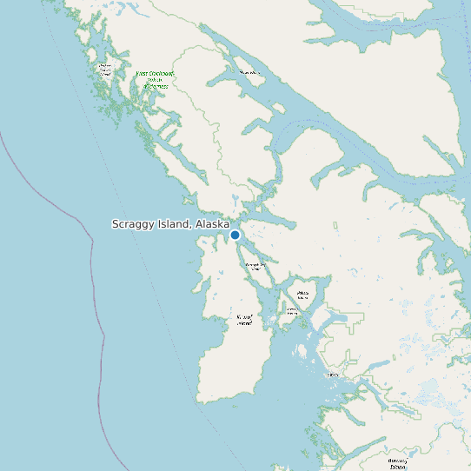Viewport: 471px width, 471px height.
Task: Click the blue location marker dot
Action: click(x=235, y=235)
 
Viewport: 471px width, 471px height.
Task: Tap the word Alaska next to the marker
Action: click(x=212, y=224)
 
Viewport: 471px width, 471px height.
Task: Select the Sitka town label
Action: click(x=332, y=375)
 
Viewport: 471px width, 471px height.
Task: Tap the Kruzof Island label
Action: click(x=244, y=320)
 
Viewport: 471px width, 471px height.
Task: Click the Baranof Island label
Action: click(x=398, y=462)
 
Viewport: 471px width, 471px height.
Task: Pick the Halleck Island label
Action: click(x=302, y=295)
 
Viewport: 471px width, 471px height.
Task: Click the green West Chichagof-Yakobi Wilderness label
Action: click(x=156, y=80)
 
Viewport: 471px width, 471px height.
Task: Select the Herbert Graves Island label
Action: click(x=106, y=70)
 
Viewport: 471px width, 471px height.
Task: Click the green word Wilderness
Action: click(x=156, y=87)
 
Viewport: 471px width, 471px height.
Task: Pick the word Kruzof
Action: click(x=244, y=317)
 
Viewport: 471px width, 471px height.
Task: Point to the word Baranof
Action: click(x=398, y=460)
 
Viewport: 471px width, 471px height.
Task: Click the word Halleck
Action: click(x=302, y=293)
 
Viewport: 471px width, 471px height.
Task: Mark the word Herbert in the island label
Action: click(x=106, y=66)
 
